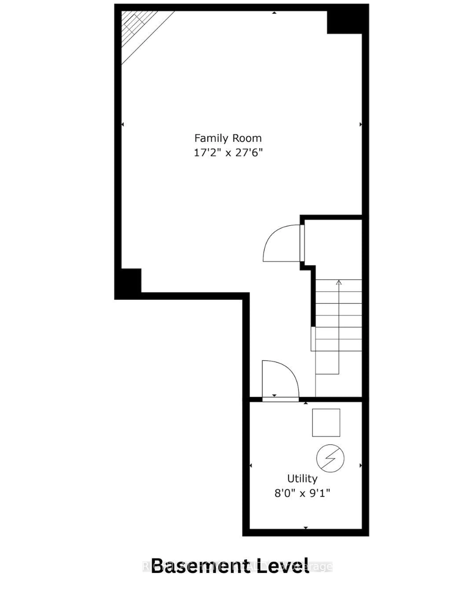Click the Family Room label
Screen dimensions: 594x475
pyautogui.click(x=228, y=138)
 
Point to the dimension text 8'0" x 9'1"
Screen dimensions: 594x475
pyautogui.click(x=302, y=493)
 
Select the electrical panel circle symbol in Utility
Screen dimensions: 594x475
pyautogui.click(x=330, y=458)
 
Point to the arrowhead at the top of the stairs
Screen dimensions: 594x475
pyautogui.click(x=339, y=282)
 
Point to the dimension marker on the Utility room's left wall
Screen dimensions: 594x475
pyautogui.click(x=251, y=466)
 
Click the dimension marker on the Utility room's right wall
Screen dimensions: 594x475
pyautogui.click(x=360, y=466)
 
